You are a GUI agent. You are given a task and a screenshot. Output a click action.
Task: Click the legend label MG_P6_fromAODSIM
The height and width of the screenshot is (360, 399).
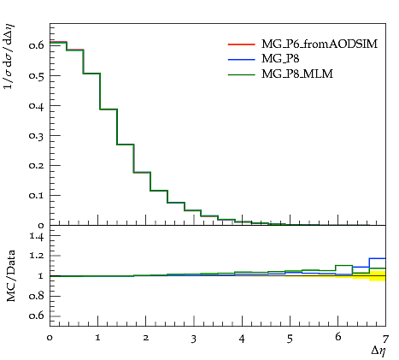click(320, 44)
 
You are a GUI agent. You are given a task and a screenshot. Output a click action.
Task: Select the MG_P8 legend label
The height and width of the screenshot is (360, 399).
click(280, 59)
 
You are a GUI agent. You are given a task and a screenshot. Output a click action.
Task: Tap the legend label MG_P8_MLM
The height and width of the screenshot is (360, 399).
click(297, 74)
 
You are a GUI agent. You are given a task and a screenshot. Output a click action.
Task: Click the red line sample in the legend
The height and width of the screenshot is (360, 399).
click(242, 44)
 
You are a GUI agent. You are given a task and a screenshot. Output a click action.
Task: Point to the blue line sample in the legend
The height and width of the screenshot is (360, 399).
click(242, 60)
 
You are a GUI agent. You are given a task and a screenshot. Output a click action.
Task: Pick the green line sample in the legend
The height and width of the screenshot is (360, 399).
click(242, 74)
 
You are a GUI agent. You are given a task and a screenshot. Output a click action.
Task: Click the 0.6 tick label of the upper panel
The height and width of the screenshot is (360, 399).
click(37, 45)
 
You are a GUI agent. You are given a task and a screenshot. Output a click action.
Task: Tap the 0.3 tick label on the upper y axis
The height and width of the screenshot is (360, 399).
click(37, 135)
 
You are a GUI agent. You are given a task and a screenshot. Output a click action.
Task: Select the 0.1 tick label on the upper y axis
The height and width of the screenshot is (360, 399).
click(37, 196)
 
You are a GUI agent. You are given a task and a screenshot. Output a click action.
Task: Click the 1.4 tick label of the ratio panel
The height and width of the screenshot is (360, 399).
click(37, 236)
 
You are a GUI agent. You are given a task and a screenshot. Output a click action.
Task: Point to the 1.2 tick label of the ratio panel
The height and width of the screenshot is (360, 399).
click(37, 256)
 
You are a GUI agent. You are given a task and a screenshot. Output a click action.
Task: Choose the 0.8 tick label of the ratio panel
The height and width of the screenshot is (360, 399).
click(37, 296)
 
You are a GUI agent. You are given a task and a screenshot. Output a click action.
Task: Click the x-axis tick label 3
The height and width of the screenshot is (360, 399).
click(194, 339)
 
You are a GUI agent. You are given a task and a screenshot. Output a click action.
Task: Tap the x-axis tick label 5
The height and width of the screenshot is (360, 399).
click(290, 339)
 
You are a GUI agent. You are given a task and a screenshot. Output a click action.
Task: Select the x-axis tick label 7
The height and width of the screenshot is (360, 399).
click(385, 339)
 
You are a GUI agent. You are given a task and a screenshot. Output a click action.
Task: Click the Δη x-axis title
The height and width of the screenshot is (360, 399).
click(378, 351)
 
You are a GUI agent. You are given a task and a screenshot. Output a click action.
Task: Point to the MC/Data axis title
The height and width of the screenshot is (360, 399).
click(11, 275)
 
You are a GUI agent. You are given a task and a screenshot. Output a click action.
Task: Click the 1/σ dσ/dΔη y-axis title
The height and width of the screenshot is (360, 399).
click(9, 56)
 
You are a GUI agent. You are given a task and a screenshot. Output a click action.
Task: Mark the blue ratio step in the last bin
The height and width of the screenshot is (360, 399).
click(378, 258)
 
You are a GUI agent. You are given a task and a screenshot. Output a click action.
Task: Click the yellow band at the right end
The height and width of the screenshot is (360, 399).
click(378, 276)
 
